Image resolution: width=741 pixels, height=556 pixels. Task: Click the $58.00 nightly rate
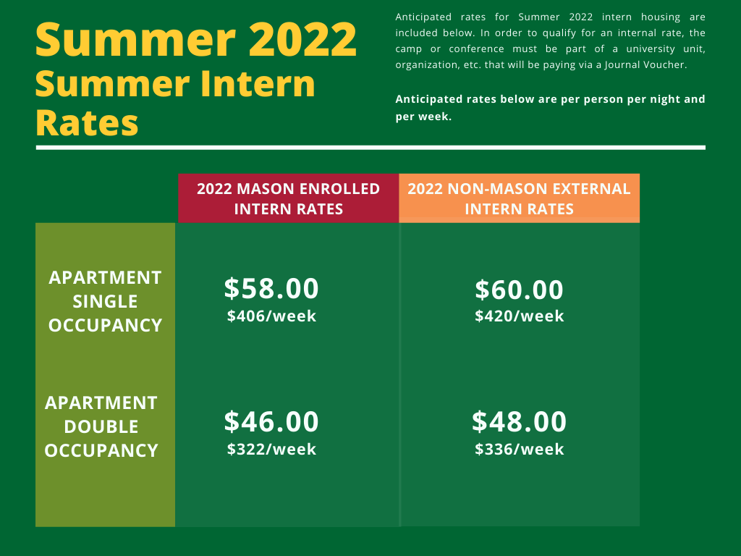pyautogui.click(x=271, y=288)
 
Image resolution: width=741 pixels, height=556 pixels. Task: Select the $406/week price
pyautogui.click(x=271, y=316)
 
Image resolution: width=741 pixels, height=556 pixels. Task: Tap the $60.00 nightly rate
pyautogui.click(x=519, y=290)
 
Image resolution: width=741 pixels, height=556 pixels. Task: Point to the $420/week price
pyautogui.click(x=519, y=316)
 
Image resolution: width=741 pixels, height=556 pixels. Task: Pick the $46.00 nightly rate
pyautogui.click(x=271, y=421)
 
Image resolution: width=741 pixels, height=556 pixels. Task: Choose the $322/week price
pyautogui.click(x=271, y=449)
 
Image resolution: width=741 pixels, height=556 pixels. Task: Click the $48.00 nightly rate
pyautogui.click(x=519, y=421)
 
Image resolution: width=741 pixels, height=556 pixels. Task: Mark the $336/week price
pyautogui.click(x=519, y=449)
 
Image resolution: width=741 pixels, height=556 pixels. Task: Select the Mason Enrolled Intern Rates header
pyautogui.click(x=288, y=198)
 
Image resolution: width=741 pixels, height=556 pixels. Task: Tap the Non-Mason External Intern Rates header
pyautogui.click(x=519, y=198)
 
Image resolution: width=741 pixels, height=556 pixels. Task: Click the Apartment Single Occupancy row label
pyautogui.click(x=105, y=301)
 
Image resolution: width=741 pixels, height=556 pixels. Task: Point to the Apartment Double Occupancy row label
pyautogui.click(x=101, y=426)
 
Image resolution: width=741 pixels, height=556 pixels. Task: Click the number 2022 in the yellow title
pyautogui.click(x=302, y=40)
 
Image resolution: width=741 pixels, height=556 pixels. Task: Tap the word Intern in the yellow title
pyautogui.click(x=257, y=84)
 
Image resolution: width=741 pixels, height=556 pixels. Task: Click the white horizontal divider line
pyautogui.click(x=370, y=148)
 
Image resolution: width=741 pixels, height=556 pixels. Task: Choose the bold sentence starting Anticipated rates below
pyautogui.click(x=550, y=108)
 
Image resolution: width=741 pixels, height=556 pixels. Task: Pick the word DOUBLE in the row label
pyautogui.click(x=101, y=427)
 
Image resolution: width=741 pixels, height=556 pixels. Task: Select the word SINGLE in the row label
pyautogui.click(x=105, y=302)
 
